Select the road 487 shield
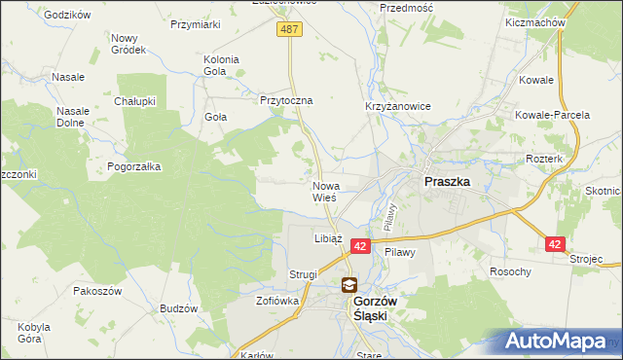click(x=290, y=30)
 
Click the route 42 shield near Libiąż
click(x=360, y=248)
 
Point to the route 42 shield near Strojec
click(x=554, y=244)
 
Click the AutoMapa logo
click(x=559, y=341)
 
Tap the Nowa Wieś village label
click(x=324, y=191)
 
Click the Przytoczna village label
click(x=285, y=100)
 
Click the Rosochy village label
click(x=510, y=271)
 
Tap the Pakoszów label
click(x=97, y=291)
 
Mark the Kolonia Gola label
click(x=221, y=64)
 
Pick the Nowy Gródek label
click(x=128, y=43)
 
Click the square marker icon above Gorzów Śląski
click(x=348, y=285)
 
